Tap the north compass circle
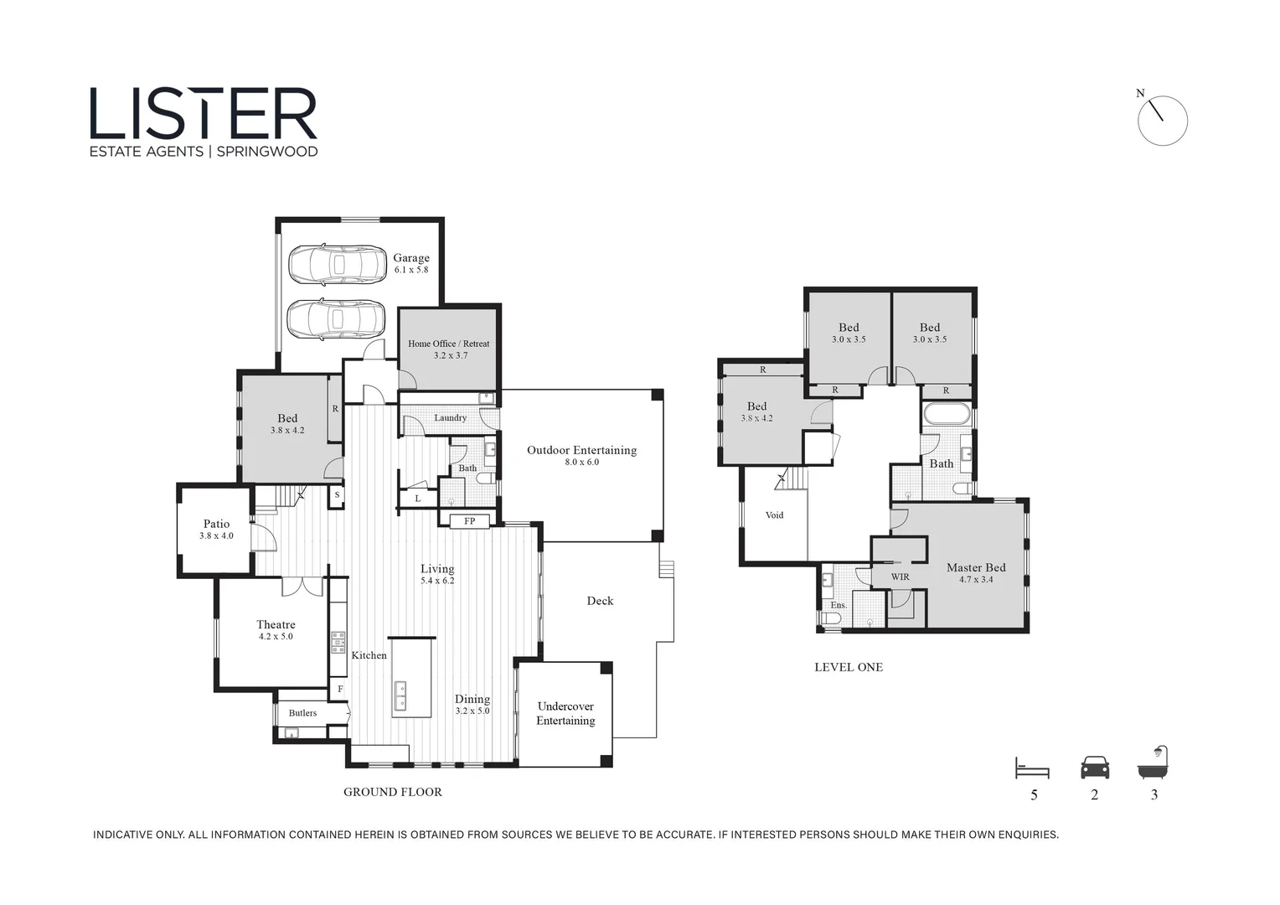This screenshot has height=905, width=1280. (1163, 121)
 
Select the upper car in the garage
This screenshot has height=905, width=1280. (338, 265)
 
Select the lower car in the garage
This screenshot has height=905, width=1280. (336, 319)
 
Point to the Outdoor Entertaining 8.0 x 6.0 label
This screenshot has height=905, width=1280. (581, 455)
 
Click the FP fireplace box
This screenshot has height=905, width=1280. (470, 521)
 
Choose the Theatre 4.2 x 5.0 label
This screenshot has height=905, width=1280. (276, 629)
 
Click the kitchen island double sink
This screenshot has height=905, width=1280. (400, 696)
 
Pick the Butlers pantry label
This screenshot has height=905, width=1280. (302, 713)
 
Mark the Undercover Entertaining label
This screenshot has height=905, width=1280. (565, 713)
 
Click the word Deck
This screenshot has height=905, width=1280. (600, 601)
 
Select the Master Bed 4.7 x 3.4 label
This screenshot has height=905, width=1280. (976, 572)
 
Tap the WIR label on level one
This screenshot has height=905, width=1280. (900, 577)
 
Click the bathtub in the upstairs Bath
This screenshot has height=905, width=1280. (947, 414)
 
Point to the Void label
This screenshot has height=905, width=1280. (774, 515)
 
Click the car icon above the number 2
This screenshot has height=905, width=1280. (1095, 768)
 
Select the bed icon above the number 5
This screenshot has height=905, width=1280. (1032, 768)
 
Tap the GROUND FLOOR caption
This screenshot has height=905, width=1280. (392, 792)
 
